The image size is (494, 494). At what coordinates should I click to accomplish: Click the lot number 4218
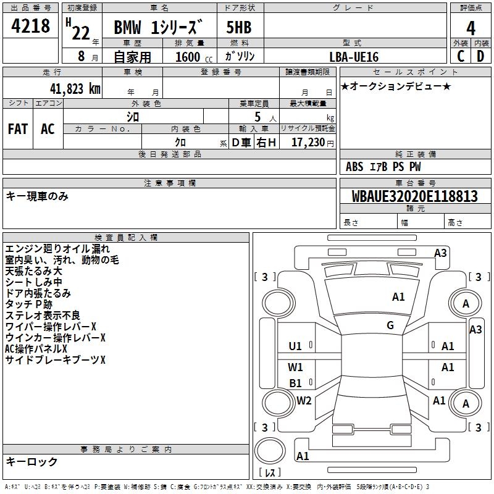tap(31, 26)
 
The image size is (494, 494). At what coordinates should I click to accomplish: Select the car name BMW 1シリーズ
tap(158, 28)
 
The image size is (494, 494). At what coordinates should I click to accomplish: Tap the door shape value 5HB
tap(240, 28)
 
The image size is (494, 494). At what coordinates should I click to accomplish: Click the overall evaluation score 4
tap(471, 28)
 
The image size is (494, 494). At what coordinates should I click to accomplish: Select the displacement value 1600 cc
tap(191, 57)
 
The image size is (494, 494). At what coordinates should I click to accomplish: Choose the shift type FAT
tap(18, 129)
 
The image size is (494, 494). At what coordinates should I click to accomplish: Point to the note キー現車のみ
tap(37, 196)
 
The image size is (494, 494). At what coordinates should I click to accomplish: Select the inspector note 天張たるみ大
tap(33, 271)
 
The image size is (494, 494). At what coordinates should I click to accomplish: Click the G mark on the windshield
tap(390, 325)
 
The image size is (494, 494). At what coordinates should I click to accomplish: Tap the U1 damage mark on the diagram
tap(295, 346)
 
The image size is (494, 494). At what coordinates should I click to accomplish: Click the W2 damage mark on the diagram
tap(304, 401)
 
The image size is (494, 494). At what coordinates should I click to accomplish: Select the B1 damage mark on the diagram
tap(295, 383)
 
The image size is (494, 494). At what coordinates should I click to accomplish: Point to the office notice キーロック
tap(31, 461)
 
